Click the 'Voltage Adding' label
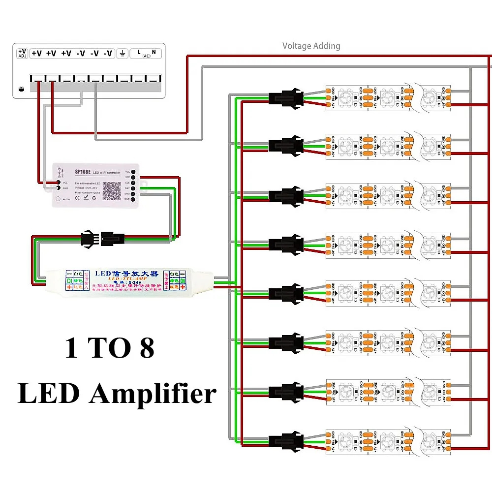pyautogui.click(x=311, y=46)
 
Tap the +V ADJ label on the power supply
pyautogui.click(x=22, y=53)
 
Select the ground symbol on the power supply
pyautogui.click(x=122, y=53)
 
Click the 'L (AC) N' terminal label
pyautogui.click(x=146, y=53)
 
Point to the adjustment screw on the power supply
pyautogui.click(x=21, y=89)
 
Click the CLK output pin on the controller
pyautogui.click(x=133, y=182)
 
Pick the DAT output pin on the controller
pyautogui.click(x=133, y=188)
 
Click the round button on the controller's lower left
pyautogui.click(x=59, y=199)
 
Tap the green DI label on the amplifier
pyautogui.click(x=69, y=281)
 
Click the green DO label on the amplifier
pyautogui.click(x=182, y=281)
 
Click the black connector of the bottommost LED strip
pyautogui.click(x=284, y=440)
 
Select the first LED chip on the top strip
pyautogui.click(x=346, y=96)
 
